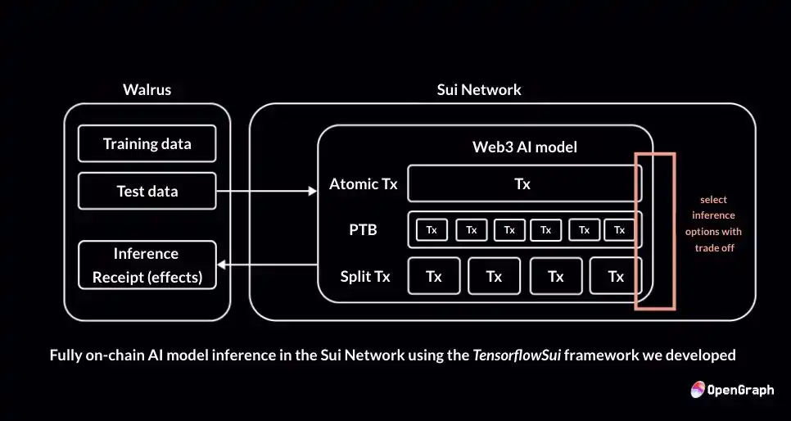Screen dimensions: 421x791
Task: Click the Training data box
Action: (147, 144)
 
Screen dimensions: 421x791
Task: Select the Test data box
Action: (147, 192)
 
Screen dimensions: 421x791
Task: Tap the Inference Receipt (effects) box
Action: (147, 265)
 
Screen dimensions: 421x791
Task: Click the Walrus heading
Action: (147, 89)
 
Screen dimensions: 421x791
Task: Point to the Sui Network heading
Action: (479, 89)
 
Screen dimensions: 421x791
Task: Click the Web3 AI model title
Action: (525, 147)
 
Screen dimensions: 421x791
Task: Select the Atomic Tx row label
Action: (363, 184)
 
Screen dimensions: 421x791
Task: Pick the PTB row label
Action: (363, 229)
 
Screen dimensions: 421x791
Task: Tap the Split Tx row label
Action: (365, 277)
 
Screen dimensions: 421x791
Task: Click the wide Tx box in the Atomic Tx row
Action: (523, 184)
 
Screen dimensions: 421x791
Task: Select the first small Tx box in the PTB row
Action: (432, 230)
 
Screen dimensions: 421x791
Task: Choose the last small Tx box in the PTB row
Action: (620, 230)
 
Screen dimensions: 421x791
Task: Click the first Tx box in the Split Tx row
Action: (434, 277)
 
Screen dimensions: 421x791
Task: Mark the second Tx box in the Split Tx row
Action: (494, 277)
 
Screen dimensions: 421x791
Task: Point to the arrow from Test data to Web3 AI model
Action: (266, 191)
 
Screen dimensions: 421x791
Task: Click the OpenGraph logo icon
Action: (698, 390)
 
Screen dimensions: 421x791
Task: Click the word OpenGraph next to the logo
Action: (742, 390)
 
